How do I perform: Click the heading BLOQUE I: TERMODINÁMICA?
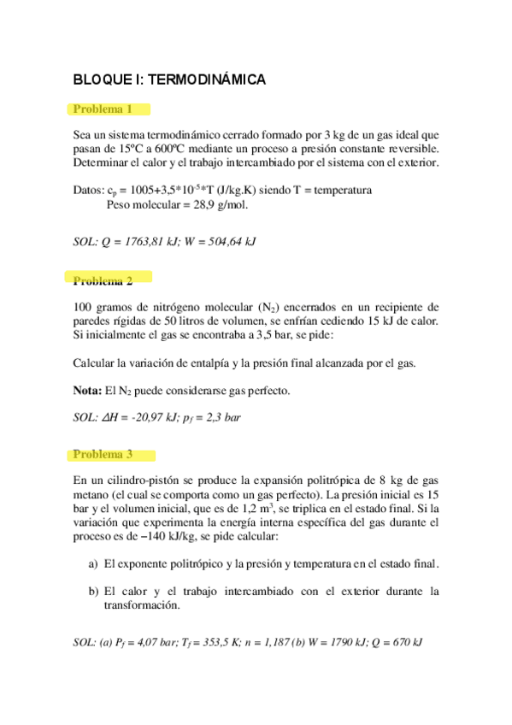170,80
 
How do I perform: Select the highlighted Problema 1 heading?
103,109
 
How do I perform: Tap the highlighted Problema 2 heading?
103,280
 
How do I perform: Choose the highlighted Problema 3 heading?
103,455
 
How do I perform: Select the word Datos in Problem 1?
89,191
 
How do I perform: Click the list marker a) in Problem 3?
94,564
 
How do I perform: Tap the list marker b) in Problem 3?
94,591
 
